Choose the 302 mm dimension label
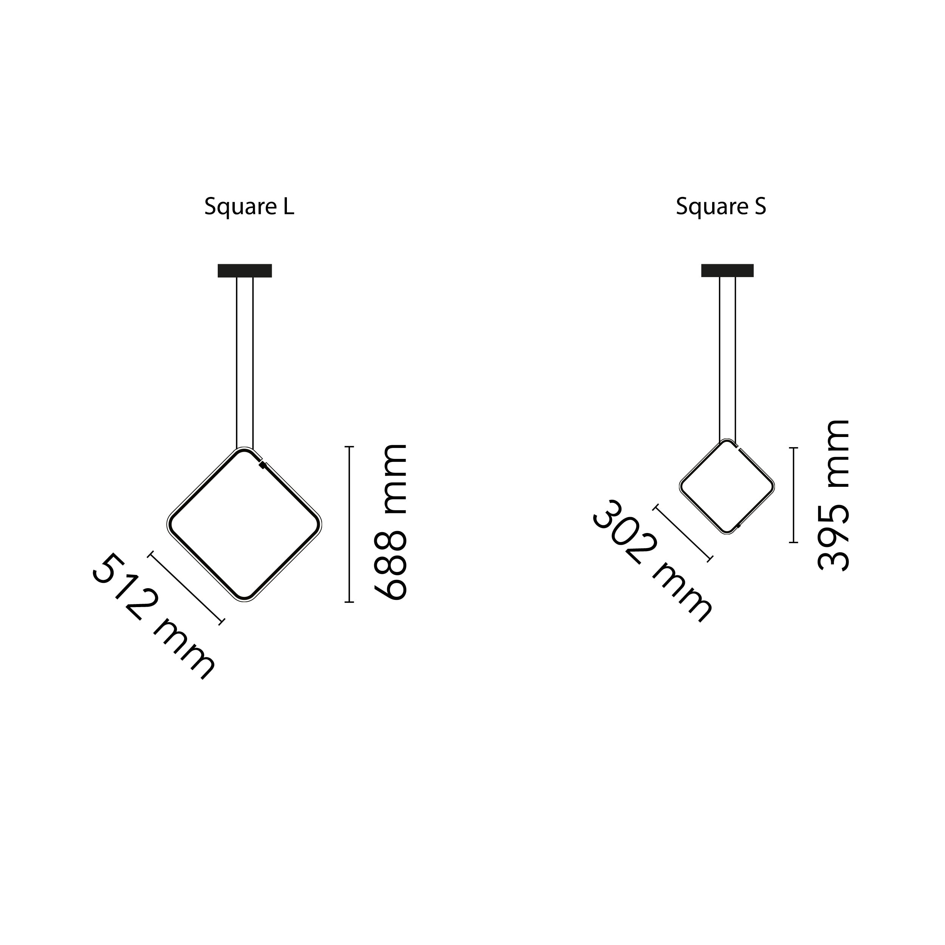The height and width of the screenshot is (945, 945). click(x=653, y=561)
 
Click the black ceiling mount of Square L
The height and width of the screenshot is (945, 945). click(x=245, y=271)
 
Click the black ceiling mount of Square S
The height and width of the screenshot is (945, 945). click(x=727, y=271)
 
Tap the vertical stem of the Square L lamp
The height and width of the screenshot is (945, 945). click(x=245, y=363)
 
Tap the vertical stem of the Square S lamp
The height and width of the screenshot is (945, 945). click(x=727, y=358)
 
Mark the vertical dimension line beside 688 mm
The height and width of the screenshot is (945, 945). click(x=349, y=524)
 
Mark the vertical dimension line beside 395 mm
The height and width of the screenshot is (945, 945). click(x=793, y=495)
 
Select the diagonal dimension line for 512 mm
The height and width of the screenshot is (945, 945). click(x=186, y=587)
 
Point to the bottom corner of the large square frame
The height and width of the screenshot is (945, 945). click(x=244, y=600)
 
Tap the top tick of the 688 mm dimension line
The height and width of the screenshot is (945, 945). click(x=349, y=446)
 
